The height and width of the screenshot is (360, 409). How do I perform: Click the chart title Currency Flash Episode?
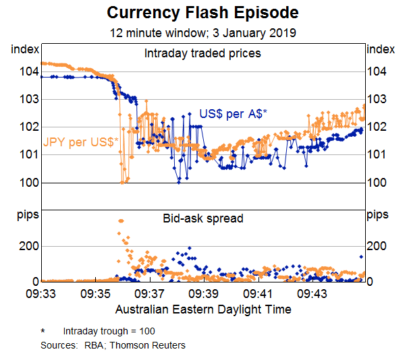[202, 13]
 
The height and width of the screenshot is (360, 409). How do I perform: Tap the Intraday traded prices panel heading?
[202, 53]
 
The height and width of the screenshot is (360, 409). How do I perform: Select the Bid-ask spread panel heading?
[202, 218]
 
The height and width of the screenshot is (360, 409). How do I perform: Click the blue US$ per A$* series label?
[233, 114]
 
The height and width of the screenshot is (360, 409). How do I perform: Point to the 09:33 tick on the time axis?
[41, 295]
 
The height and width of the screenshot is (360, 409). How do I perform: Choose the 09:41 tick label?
[257, 295]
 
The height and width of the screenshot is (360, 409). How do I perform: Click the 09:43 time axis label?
[312, 295]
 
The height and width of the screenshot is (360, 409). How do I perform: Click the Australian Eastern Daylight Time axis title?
[203, 309]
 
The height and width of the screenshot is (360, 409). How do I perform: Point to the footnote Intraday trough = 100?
[110, 332]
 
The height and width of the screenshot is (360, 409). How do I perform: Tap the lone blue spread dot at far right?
[362, 257]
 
